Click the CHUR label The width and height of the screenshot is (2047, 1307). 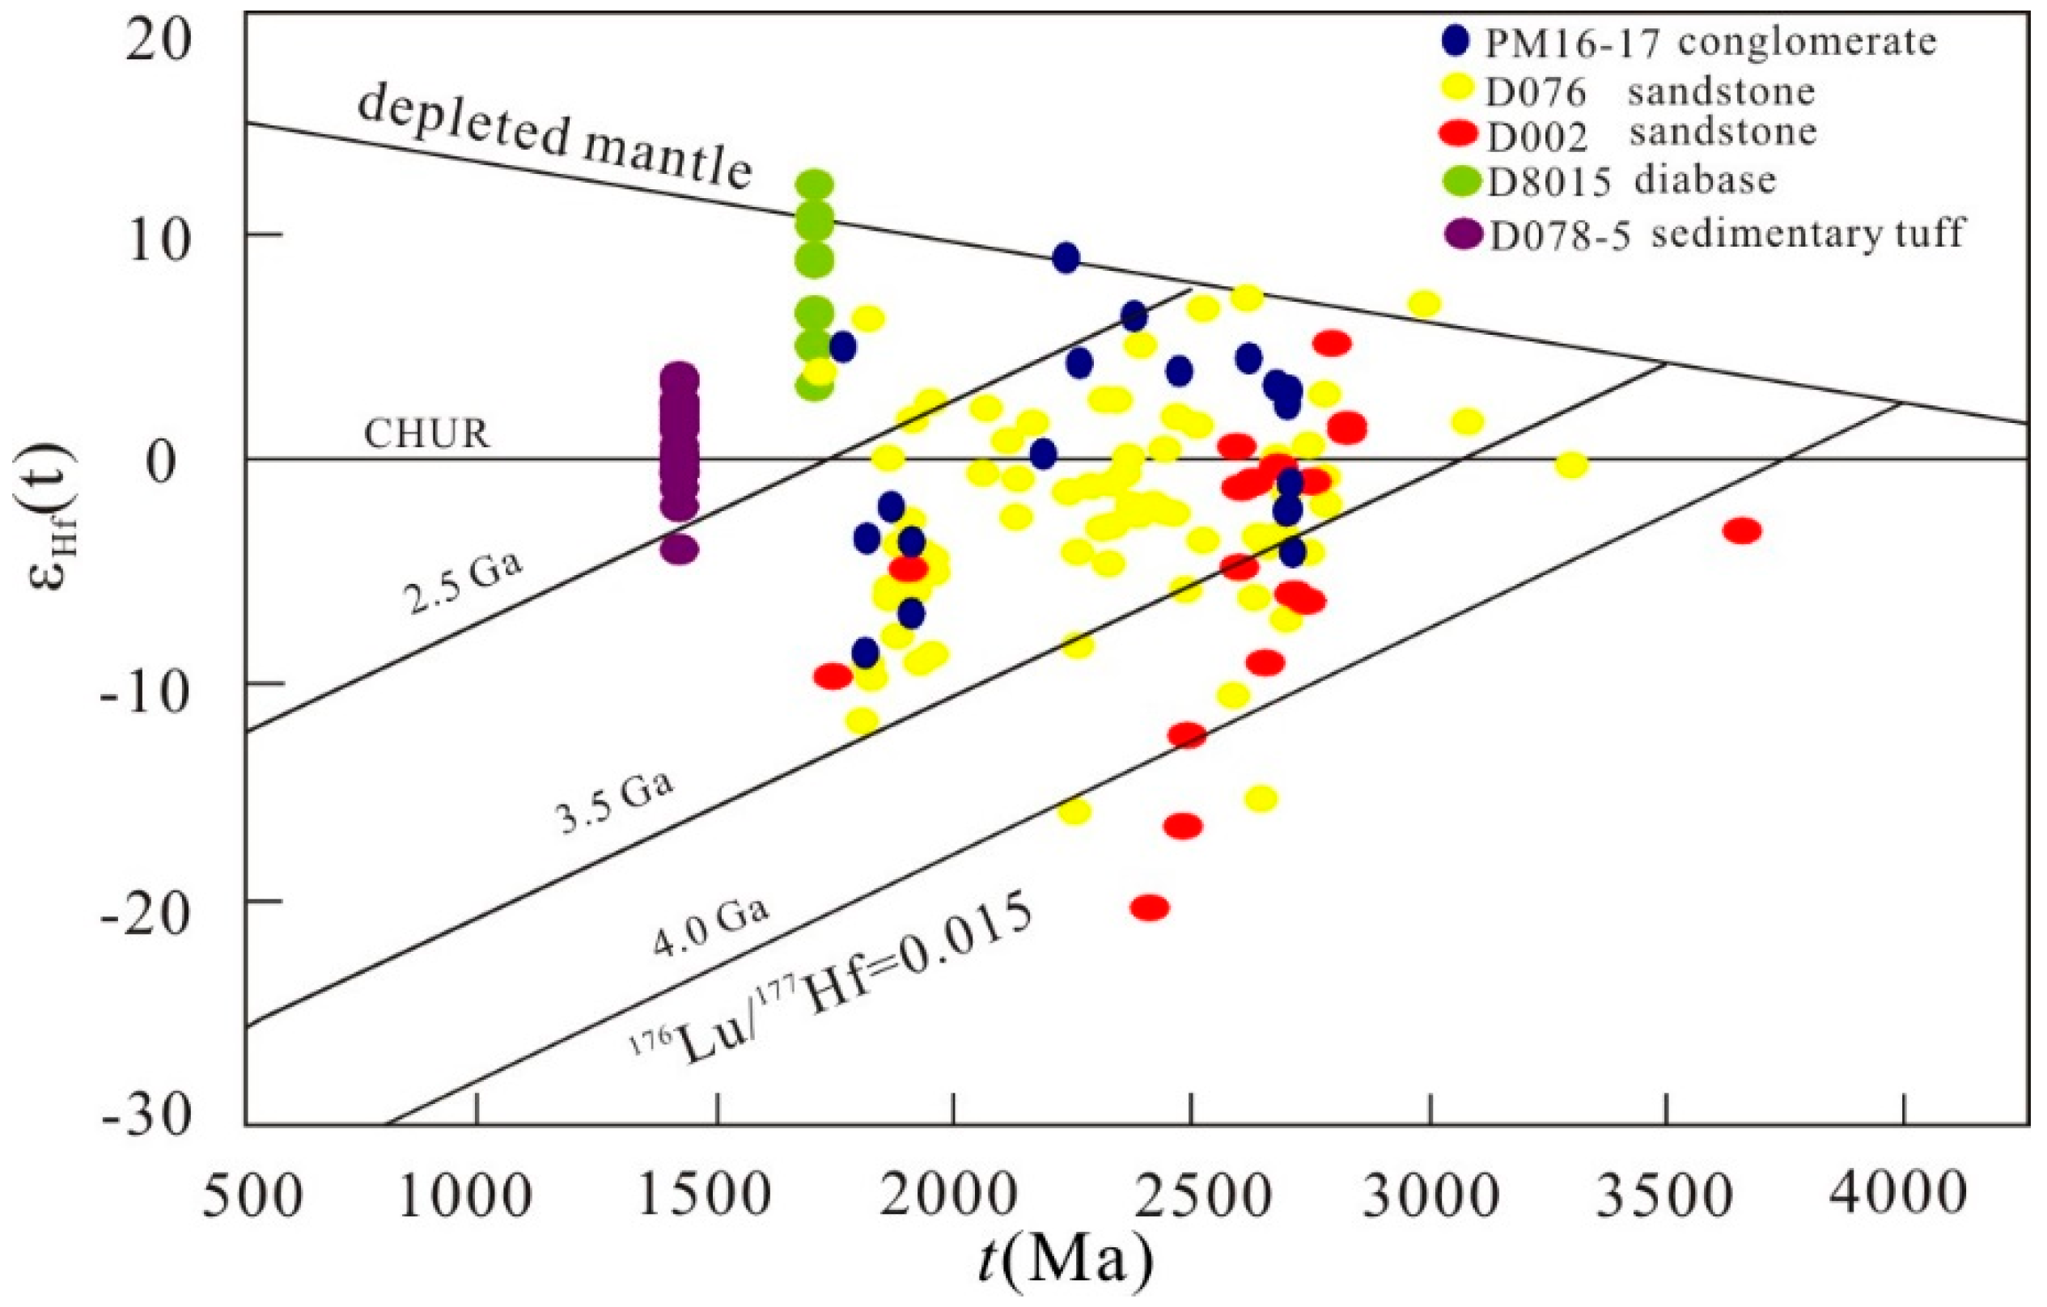(x=426, y=435)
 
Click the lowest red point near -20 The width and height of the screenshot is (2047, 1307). (x=1149, y=907)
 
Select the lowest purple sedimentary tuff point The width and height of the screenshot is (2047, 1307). (x=678, y=549)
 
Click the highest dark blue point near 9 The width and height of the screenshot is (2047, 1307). (x=1066, y=257)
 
